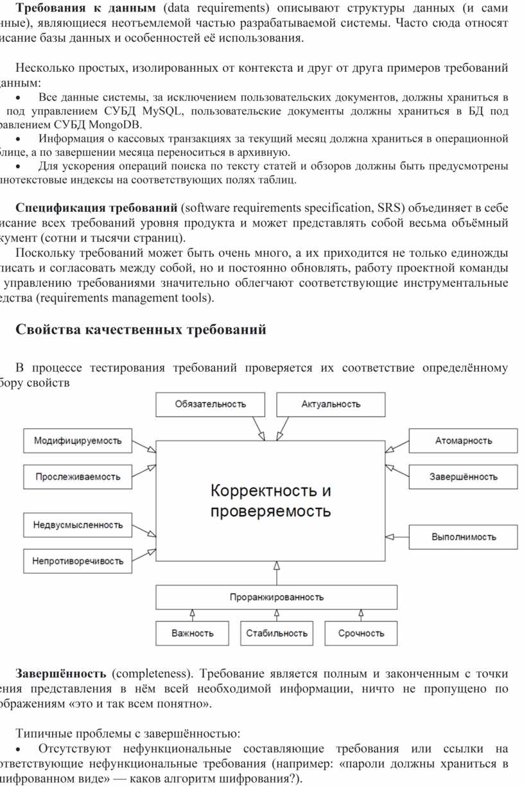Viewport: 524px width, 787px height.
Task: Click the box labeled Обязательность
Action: pos(210,404)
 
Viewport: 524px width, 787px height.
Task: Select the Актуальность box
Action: pos(331,404)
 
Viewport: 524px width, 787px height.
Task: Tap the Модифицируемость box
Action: pos(78,441)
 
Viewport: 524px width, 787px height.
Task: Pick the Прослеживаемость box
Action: pos(78,477)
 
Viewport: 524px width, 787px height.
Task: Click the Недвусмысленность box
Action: pos(78,525)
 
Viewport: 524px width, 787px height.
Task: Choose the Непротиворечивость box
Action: pos(78,561)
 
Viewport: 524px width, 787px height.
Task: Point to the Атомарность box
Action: pos(463,441)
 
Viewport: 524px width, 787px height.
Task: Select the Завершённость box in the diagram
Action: pos(463,477)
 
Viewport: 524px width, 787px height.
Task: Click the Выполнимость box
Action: pos(463,537)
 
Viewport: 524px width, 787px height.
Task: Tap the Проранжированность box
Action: pos(277,597)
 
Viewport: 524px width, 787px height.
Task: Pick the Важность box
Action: pos(192,633)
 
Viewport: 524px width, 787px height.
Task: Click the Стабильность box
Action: pos(277,633)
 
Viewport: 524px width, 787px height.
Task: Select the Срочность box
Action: pos(361,633)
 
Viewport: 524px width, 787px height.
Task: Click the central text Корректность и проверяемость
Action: pos(271,501)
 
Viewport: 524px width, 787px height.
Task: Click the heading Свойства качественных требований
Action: pos(140,330)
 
